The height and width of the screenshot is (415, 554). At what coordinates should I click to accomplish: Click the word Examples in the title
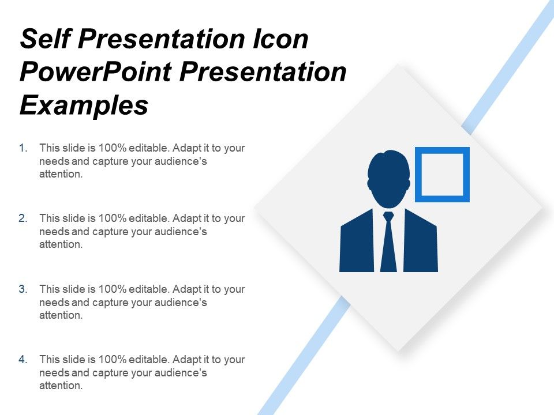84,105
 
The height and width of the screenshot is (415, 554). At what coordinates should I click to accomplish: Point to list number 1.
24,148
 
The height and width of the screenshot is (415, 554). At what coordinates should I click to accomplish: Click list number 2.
24,218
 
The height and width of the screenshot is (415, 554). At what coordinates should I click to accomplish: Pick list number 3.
24,289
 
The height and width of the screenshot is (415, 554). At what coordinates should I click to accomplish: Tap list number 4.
24,359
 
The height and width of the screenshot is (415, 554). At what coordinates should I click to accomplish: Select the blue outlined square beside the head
442,175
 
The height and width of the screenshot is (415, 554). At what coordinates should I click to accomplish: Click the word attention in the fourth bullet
61,386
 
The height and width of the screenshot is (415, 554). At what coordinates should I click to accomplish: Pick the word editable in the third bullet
150,289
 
